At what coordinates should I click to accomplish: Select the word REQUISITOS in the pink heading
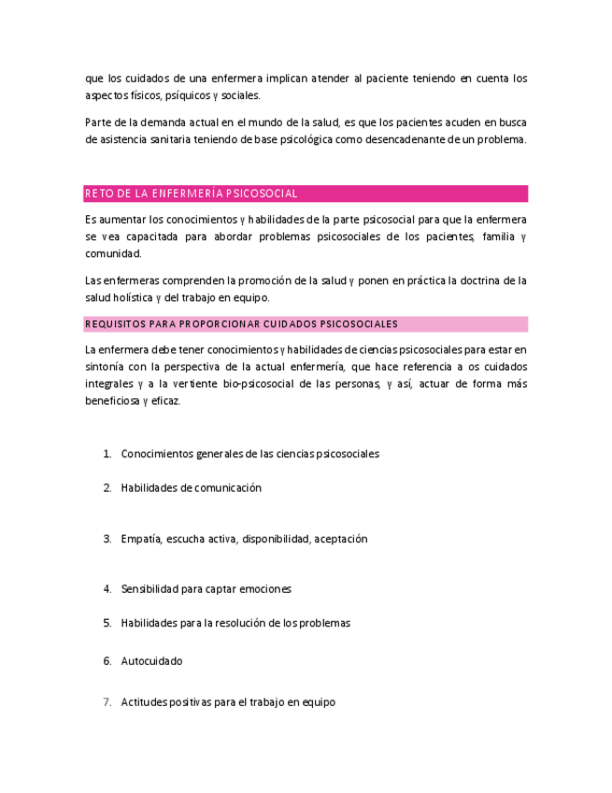point(115,324)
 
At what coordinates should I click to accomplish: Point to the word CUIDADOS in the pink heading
point(293,324)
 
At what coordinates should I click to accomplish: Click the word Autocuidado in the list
point(151,661)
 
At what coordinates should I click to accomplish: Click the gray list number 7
point(107,702)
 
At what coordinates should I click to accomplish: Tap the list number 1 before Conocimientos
point(107,454)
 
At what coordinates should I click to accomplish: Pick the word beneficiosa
point(113,401)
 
